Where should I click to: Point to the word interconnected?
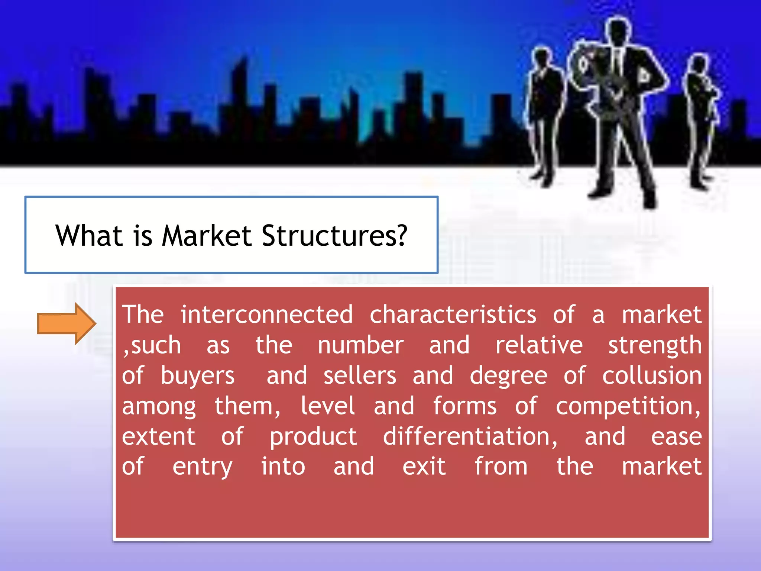(x=266, y=314)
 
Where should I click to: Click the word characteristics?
(x=453, y=314)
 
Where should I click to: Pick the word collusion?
(x=652, y=375)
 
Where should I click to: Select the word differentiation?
(x=470, y=436)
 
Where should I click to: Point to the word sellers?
(x=360, y=375)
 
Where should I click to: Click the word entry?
(x=202, y=467)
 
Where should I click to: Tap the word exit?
(x=424, y=467)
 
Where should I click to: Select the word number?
(x=360, y=345)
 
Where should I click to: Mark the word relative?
(x=539, y=345)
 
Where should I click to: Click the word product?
(x=313, y=437)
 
